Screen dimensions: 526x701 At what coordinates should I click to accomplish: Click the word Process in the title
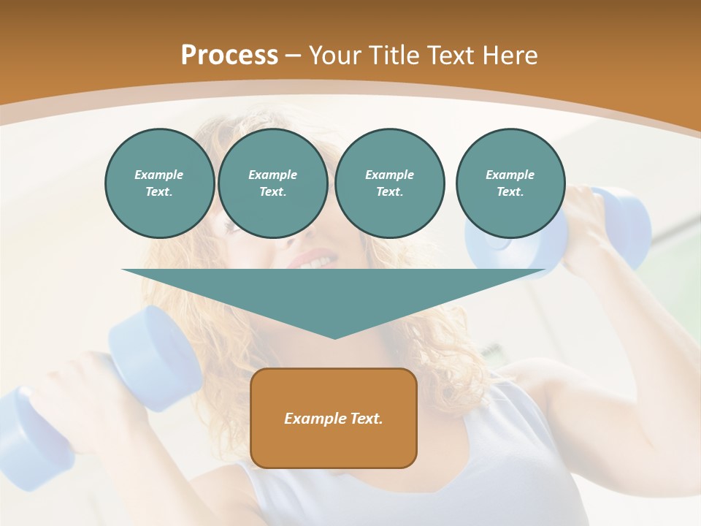click(x=229, y=55)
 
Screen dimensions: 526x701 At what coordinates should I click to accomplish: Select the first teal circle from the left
click(x=159, y=183)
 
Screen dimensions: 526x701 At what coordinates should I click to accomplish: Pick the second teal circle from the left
click(x=272, y=183)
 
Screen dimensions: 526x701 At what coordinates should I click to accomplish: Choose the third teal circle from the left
click(x=389, y=183)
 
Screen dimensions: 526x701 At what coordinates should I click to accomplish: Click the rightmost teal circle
click(x=510, y=183)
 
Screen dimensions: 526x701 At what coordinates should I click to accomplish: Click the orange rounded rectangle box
click(x=334, y=418)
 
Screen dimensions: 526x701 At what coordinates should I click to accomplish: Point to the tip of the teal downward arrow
click(x=334, y=337)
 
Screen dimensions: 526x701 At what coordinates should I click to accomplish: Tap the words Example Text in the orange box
click(x=334, y=419)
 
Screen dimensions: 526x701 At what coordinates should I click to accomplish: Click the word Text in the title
click(x=450, y=55)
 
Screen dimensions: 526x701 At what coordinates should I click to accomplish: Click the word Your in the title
click(x=335, y=55)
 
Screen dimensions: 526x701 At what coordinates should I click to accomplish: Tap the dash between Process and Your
click(x=293, y=56)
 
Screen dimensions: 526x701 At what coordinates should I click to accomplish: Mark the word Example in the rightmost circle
click(x=510, y=175)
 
